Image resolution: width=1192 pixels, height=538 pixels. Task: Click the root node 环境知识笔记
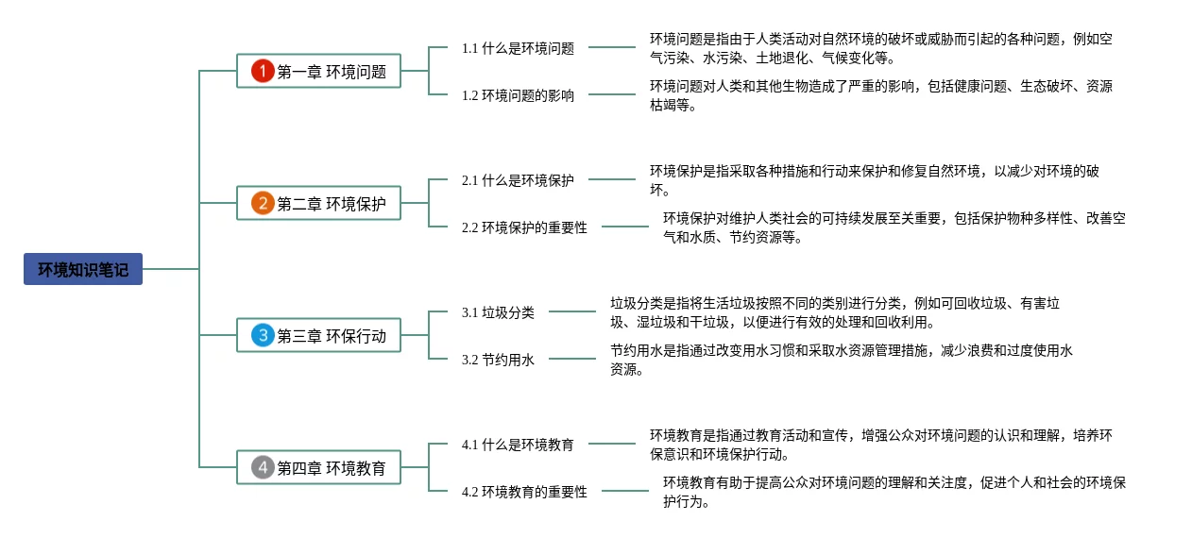83,269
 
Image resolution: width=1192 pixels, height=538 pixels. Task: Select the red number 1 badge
263,71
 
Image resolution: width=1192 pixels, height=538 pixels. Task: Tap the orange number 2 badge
263,203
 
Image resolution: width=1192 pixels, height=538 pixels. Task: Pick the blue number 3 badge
263,335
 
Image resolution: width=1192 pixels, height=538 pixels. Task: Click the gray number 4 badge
263,467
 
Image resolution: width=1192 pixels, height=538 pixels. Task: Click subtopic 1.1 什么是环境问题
518,48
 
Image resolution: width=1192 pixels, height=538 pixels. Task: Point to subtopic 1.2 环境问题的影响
518,95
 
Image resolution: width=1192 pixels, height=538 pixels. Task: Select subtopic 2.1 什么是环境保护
518,180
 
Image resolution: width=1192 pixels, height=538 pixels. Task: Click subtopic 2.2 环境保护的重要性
524,227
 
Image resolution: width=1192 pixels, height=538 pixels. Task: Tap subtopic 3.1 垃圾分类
498,312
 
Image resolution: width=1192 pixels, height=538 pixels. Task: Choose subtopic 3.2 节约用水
498,360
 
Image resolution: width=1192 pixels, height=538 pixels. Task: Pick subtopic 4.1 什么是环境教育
518,445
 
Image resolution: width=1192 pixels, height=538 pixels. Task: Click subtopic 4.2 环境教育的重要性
524,492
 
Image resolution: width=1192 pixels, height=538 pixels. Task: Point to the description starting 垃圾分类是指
835,312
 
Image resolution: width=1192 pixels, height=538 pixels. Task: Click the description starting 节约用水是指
841,360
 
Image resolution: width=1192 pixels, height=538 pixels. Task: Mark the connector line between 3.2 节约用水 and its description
572,359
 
